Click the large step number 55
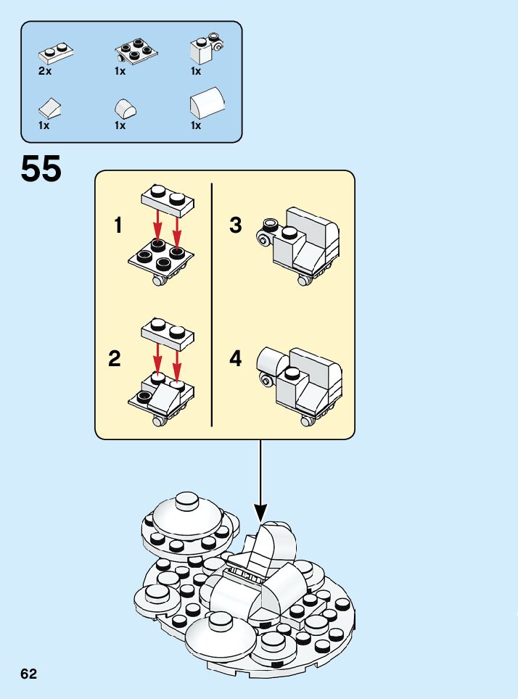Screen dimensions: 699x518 tap(41, 169)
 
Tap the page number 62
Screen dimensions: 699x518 tap(29, 674)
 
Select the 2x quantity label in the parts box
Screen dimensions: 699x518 tap(45, 71)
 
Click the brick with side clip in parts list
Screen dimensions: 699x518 tap(203, 49)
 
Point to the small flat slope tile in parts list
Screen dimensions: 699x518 tap(49, 109)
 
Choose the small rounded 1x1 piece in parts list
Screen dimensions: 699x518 tap(124, 109)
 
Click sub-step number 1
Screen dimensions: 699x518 tap(118, 226)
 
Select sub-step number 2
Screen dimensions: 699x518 tap(115, 358)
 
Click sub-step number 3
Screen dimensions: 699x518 tap(235, 226)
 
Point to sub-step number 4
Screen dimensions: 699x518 tap(235, 358)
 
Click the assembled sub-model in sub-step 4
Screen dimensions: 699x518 tap(300, 383)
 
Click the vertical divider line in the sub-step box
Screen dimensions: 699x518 tap(211, 305)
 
